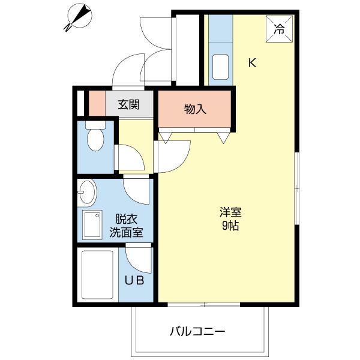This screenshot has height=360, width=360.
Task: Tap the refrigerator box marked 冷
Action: click(x=280, y=29)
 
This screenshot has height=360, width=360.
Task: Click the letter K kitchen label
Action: click(x=253, y=62)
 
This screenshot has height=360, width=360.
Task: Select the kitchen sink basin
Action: click(x=220, y=67)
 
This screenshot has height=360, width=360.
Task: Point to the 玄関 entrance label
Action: click(x=129, y=104)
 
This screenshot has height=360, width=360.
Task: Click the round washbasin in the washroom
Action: click(x=87, y=192)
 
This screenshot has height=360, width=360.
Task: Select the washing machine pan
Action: click(x=92, y=224)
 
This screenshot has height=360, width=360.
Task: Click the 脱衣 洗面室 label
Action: click(x=126, y=226)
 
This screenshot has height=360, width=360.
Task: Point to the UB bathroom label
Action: click(x=134, y=280)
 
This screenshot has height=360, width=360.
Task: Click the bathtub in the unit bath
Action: click(x=97, y=275)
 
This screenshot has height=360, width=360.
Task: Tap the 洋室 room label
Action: click(x=230, y=212)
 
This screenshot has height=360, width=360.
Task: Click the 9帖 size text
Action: click(x=230, y=226)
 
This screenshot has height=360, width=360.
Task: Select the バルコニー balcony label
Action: click(x=197, y=332)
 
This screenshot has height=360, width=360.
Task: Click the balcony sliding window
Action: click(x=204, y=305)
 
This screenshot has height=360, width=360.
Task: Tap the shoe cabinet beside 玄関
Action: click(x=97, y=103)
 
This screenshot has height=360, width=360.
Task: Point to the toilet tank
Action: click(x=95, y=125)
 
